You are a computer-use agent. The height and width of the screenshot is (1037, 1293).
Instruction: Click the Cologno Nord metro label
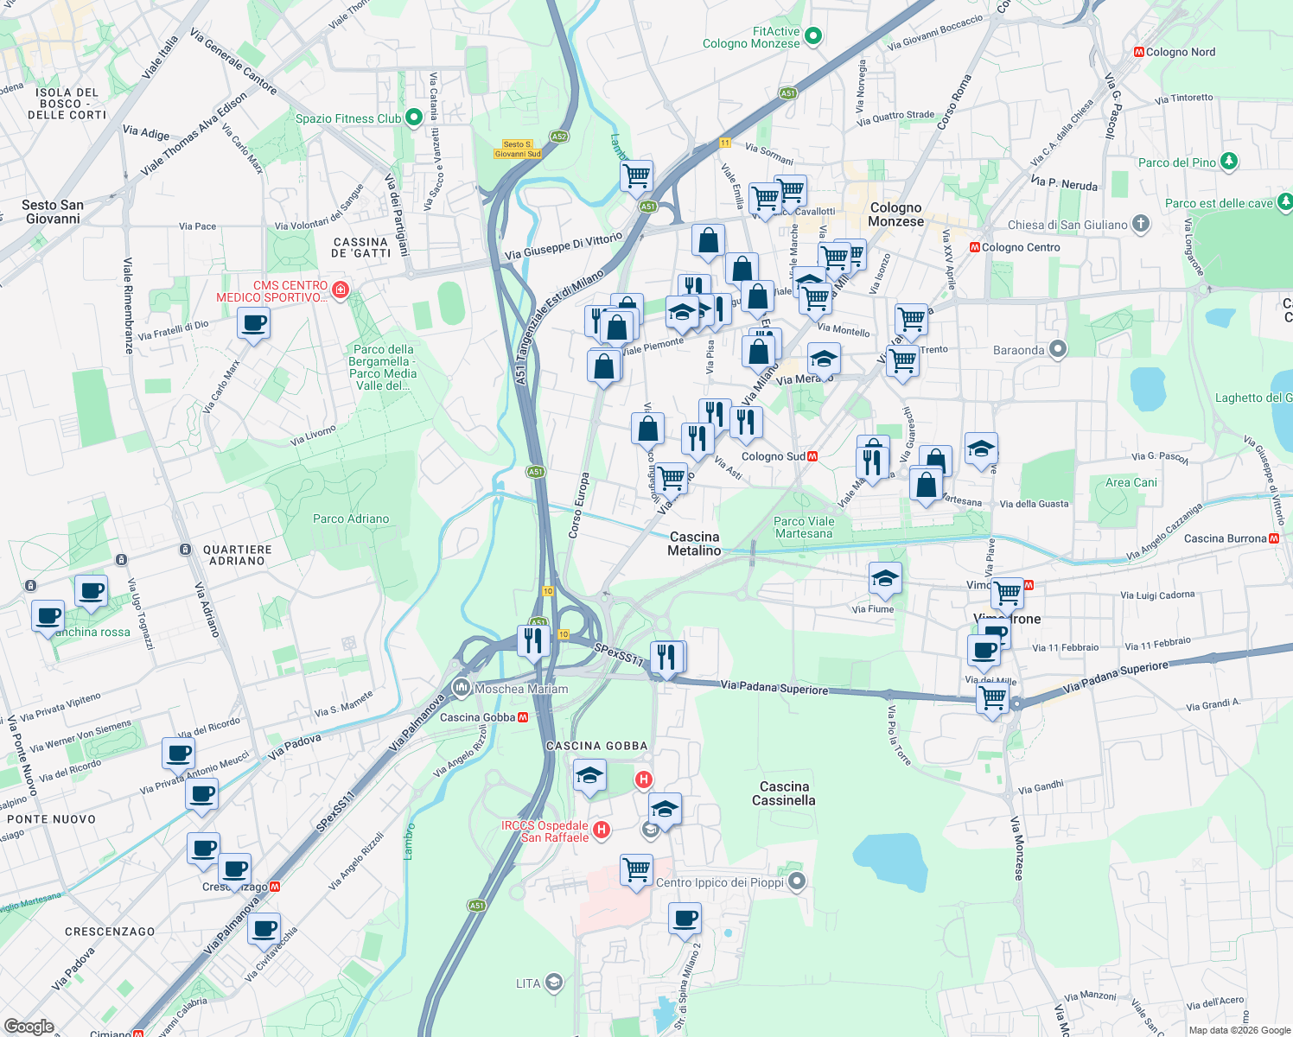click(1180, 52)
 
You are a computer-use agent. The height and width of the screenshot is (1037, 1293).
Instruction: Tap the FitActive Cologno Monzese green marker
click(812, 36)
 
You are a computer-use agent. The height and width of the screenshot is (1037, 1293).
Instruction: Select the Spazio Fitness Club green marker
click(413, 118)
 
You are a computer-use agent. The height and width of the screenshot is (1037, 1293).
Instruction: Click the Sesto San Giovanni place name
click(53, 212)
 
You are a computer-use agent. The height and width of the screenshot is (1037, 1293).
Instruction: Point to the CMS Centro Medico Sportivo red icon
click(340, 289)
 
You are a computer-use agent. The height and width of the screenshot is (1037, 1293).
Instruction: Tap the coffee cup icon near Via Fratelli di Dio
click(253, 325)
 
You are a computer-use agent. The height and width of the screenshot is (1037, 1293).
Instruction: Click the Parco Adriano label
click(351, 518)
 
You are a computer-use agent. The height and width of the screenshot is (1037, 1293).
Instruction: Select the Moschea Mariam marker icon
click(462, 688)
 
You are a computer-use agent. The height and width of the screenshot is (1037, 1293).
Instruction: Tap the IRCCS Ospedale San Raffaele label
click(545, 831)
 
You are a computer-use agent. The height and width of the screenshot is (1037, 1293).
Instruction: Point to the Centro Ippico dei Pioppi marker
click(797, 881)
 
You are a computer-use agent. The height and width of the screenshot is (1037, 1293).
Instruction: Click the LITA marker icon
click(554, 983)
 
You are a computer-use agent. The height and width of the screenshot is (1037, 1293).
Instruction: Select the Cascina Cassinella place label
click(784, 793)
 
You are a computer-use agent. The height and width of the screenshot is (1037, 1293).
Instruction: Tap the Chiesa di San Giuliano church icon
click(1141, 224)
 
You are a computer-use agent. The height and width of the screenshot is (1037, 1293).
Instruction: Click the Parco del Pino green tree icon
click(1228, 162)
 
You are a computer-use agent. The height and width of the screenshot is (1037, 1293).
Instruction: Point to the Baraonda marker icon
click(1057, 349)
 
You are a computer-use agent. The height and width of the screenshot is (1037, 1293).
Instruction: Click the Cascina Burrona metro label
click(1225, 538)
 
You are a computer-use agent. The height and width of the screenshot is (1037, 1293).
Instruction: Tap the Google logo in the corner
click(29, 1026)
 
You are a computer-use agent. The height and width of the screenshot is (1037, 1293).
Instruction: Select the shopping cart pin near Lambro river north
click(636, 175)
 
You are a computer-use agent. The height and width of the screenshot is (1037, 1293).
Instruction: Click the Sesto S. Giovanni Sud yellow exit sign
click(518, 150)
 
